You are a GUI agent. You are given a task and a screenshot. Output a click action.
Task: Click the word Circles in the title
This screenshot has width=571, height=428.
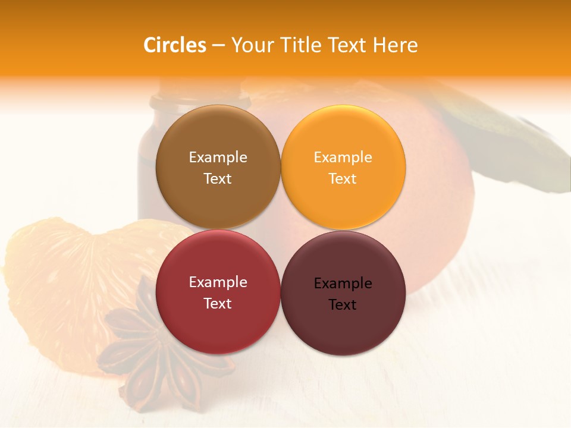click(x=174, y=45)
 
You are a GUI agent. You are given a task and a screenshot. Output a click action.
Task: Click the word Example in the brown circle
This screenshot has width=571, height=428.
click(x=218, y=158)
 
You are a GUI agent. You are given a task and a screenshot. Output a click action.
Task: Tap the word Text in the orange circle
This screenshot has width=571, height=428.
click(x=343, y=179)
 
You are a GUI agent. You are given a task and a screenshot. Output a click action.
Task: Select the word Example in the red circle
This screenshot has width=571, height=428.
click(x=218, y=282)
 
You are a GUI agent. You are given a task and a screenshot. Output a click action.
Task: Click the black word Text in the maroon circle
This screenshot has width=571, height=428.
click(x=343, y=305)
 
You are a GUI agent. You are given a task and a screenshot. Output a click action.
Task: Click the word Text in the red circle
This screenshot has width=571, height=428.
click(x=218, y=304)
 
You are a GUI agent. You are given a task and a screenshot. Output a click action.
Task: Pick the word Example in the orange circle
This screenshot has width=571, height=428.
click(x=343, y=158)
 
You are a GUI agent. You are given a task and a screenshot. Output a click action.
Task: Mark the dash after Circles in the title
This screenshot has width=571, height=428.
click(x=218, y=46)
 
